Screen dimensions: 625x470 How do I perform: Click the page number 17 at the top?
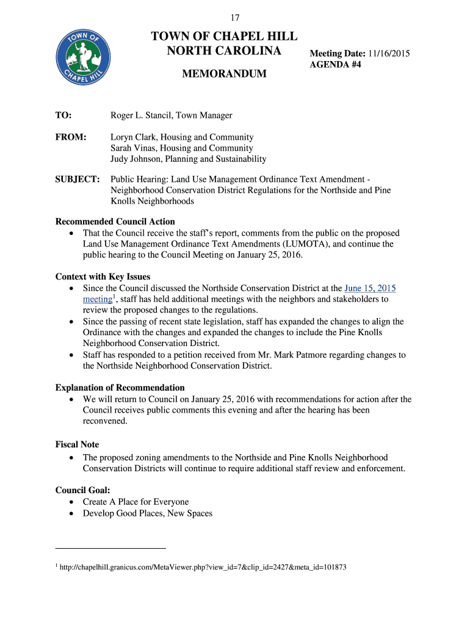[x=234, y=18]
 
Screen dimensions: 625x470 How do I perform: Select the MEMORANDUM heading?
[x=225, y=74]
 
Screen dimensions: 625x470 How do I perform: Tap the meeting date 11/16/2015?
[x=388, y=54]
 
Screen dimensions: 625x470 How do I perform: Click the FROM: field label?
[x=71, y=137]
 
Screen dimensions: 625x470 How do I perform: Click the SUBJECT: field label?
[x=78, y=179]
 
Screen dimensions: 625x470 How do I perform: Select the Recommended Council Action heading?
[x=115, y=222]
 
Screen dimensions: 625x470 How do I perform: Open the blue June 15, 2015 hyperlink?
[x=370, y=288]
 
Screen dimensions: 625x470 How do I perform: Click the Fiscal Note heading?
[x=77, y=445]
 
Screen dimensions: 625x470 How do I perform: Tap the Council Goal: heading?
[x=83, y=490]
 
